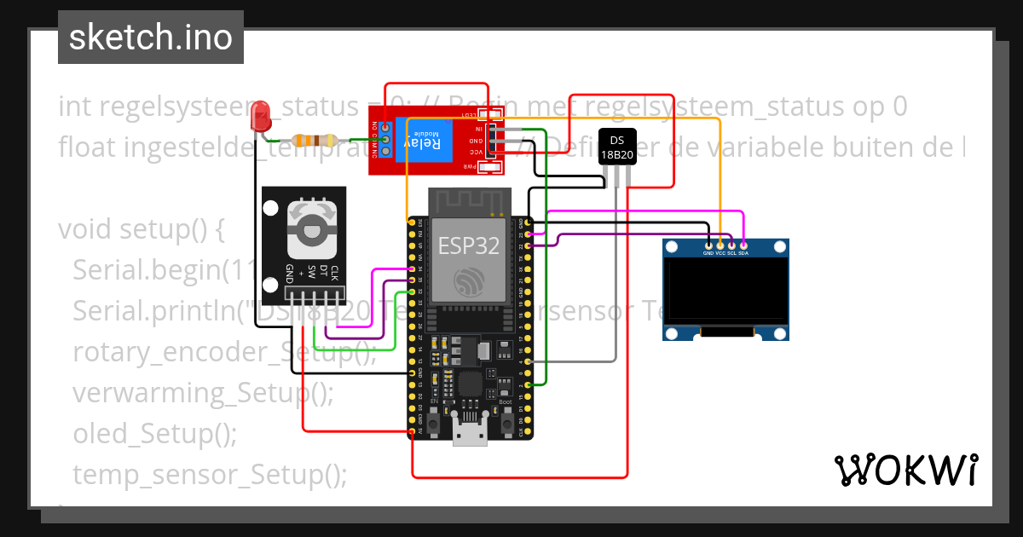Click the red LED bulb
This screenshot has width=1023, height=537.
click(x=259, y=116)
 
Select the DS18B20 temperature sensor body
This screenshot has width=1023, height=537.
click(x=616, y=146)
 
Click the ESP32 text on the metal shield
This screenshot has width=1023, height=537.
click(x=468, y=246)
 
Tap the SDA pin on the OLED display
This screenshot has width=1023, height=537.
click(x=743, y=245)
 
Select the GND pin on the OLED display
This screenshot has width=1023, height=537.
click(x=708, y=245)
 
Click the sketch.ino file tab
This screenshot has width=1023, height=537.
click(x=151, y=38)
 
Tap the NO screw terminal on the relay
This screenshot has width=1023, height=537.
click(x=386, y=127)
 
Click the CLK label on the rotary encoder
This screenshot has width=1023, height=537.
click(x=334, y=274)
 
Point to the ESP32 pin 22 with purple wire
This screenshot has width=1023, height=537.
click(x=529, y=245)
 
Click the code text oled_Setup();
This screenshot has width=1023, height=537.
click(x=154, y=434)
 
